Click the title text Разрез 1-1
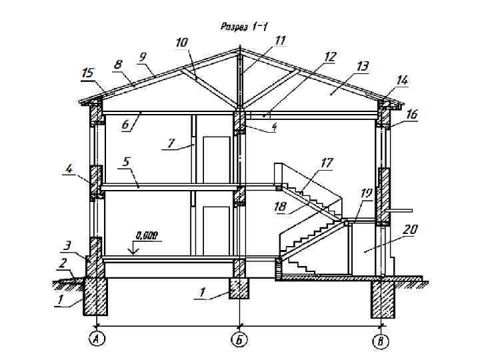[244, 27]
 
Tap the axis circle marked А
[97, 339]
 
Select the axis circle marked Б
[239, 339]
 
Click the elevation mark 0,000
[147, 235]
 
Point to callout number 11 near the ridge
[280, 41]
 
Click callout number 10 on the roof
[181, 43]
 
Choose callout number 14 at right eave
[402, 79]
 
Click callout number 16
[411, 115]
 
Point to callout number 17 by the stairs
[327, 163]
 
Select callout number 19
[366, 193]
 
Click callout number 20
[411, 230]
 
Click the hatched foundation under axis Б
[239, 288]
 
